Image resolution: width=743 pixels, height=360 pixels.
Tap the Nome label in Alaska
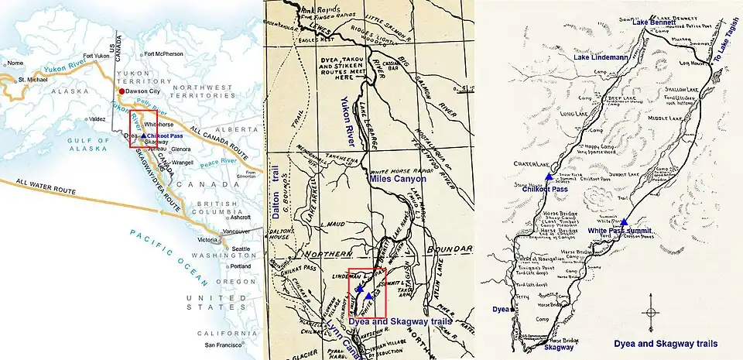pyautogui.click(x=16, y=63)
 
